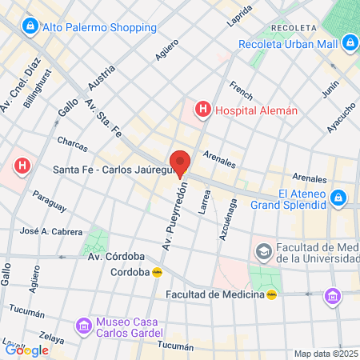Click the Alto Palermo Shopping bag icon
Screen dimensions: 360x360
(30, 26)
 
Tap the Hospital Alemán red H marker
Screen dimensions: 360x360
(203, 108)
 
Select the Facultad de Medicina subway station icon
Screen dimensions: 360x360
(272, 294)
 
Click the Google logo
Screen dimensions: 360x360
(26, 350)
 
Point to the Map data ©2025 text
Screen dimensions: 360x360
(325, 354)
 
